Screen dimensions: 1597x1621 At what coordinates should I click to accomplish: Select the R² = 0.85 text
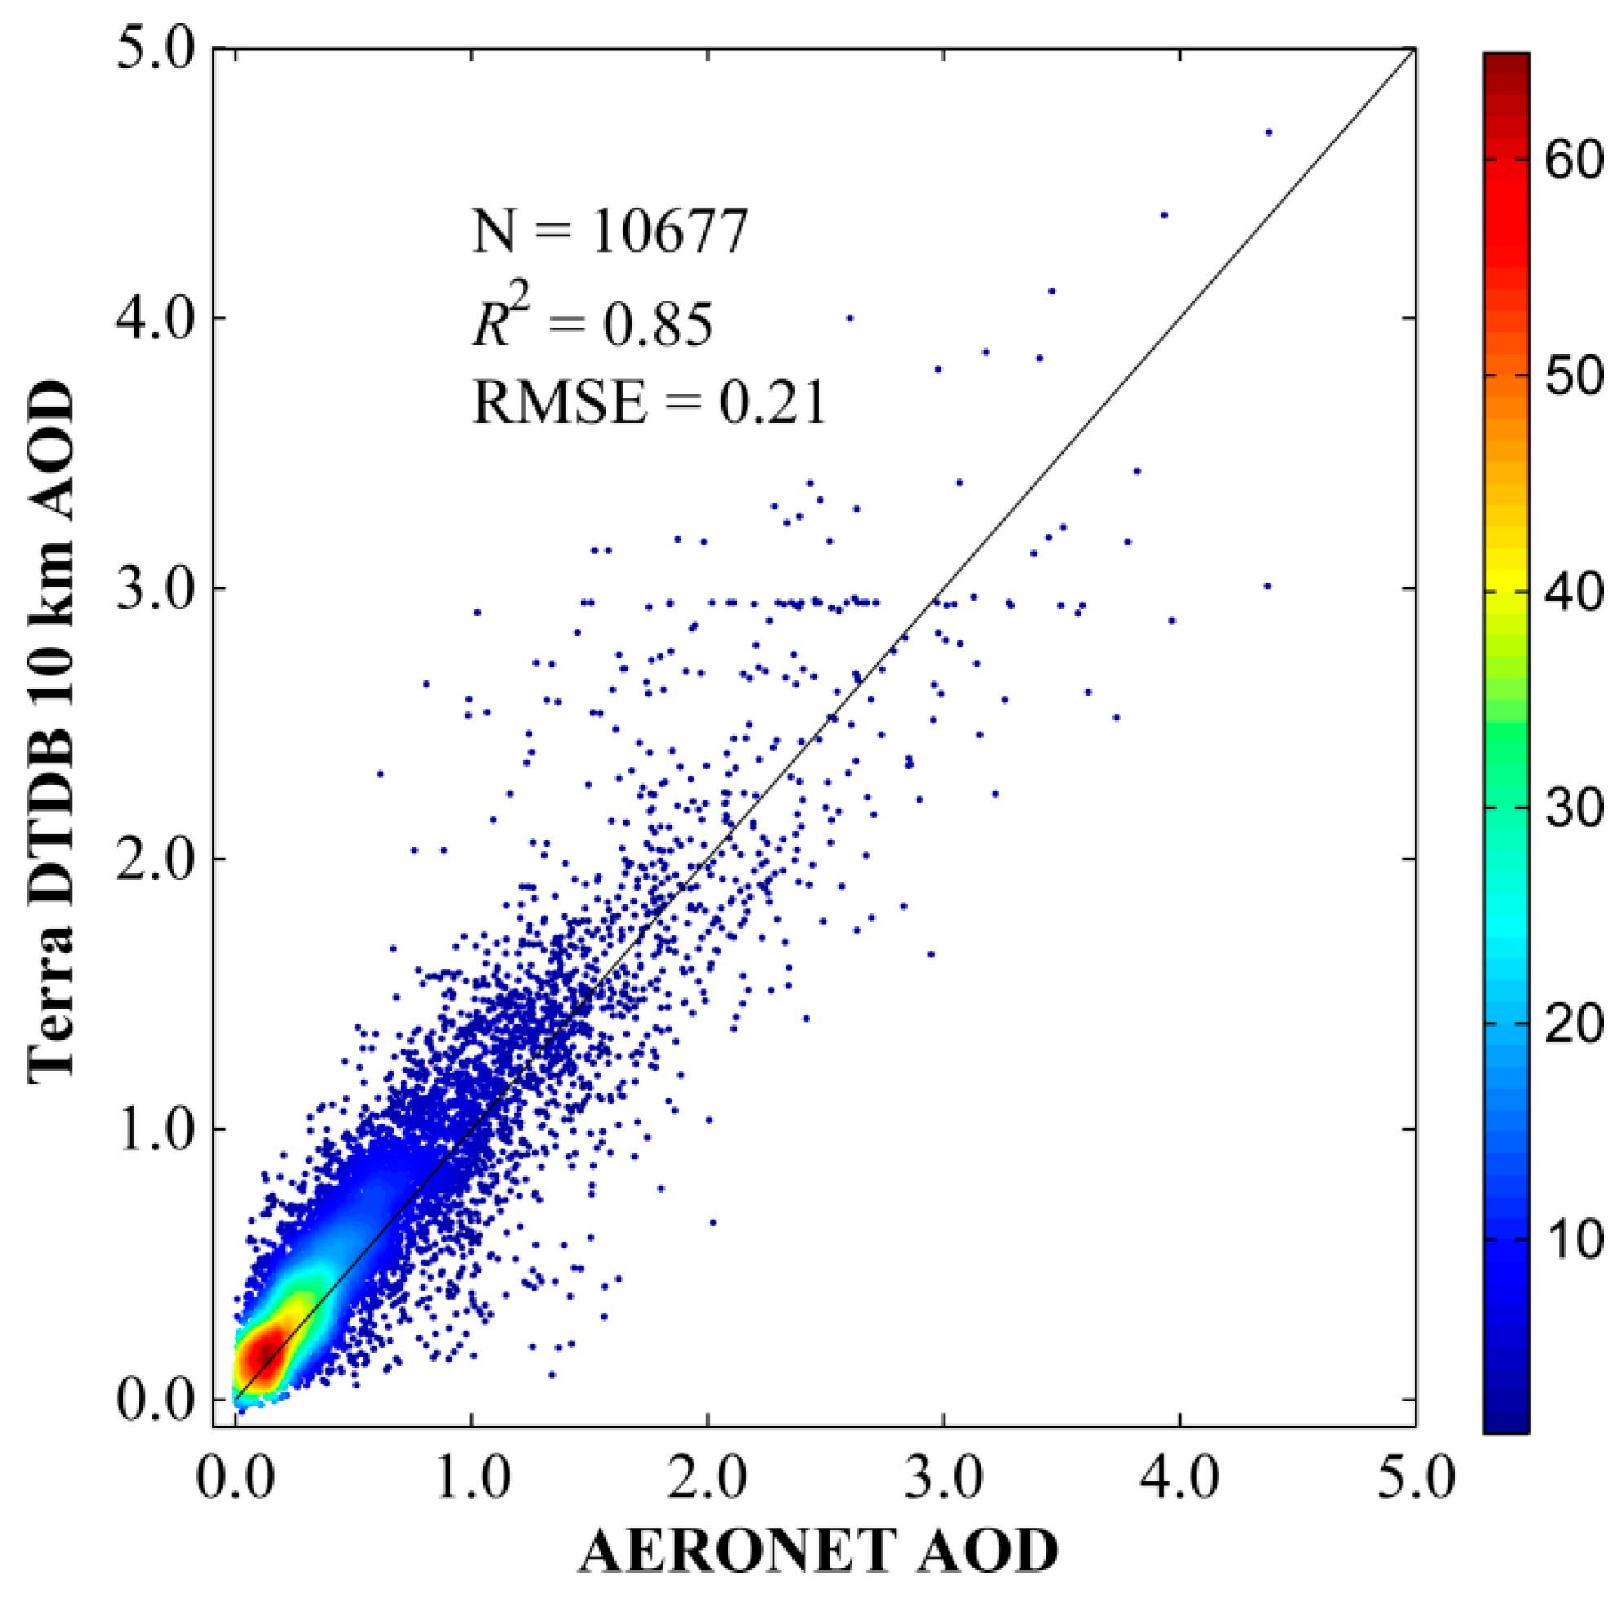coord(592,323)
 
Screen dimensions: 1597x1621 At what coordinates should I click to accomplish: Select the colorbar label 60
coord(1573,160)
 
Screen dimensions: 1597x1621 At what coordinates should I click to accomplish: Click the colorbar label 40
coord(1573,592)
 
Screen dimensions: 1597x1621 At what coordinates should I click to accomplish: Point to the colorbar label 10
coord(1573,1238)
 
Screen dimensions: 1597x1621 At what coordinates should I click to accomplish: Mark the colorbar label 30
coord(1573,807)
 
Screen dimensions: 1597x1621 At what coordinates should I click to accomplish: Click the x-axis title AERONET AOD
coord(818,1551)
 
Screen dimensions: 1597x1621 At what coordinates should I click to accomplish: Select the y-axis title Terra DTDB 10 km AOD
coord(52,730)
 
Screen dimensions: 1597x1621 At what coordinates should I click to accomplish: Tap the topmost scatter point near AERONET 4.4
coord(1268,133)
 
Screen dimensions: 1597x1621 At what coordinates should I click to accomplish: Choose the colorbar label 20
coord(1573,1023)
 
